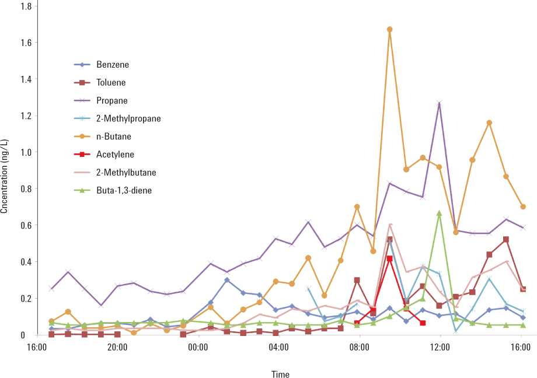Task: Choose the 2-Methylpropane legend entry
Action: [x=128, y=118]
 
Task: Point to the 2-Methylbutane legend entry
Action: [x=127, y=172]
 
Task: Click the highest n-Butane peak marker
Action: [x=389, y=29]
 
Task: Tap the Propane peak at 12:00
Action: [x=439, y=103]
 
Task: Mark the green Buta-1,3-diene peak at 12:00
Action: [x=439, y=213]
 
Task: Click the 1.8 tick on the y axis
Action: [x=27, y=6]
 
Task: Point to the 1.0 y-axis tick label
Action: [x=27, y=152]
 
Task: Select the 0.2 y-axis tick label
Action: [x=27, y=299]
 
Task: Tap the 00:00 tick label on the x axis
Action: [x=198, y=346]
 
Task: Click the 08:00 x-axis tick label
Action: [x=359, y=346]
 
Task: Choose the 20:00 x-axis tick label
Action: [x=117, y=346]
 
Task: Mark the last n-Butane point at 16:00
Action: [x=523, y=206]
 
